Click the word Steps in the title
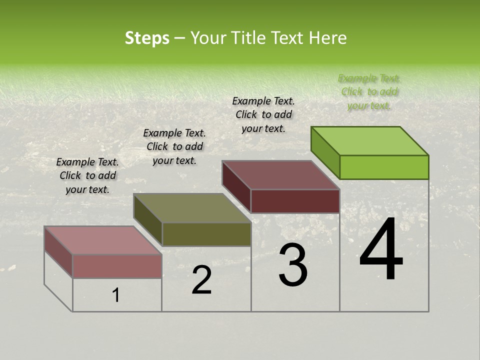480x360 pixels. [147, 38]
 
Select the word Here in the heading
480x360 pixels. [327, 38]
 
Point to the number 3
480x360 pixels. [293, 265]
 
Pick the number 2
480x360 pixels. [202, 280]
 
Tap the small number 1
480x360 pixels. [116, 295]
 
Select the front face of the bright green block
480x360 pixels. [384, 167]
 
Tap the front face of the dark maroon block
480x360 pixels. [295, 201]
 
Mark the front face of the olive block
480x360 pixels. [206, 234]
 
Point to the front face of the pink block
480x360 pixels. [117, 266]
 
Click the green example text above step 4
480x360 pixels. [369, 92]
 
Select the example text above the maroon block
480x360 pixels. [263, 114]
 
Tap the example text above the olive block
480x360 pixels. [174, 146]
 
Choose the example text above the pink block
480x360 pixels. [87, 175]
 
